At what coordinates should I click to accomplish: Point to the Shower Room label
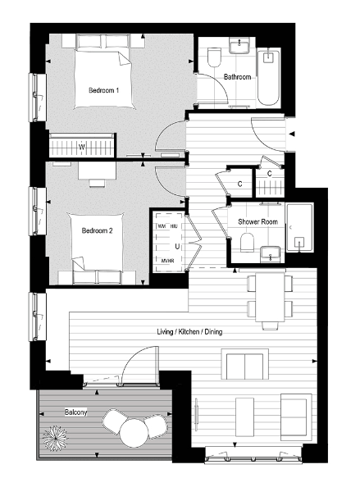pyautogui.click(x=257, y=222)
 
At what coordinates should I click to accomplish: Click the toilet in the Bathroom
pyautogui.click(x=215, y=57)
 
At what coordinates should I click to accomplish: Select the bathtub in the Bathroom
pyautogui.click(x=270, y=78)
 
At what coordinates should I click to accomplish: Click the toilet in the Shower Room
pyautogui.click(x=246, y=243)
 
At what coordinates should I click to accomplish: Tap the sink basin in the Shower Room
pyautogui.click(x=269, y=253)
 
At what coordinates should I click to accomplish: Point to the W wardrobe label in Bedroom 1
pyautogui.click(x=81, y=148)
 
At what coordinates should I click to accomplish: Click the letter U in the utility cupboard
pyautogui.click(x=175, y=244)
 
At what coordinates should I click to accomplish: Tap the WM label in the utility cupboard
pyautogui.click(x=162, y=225)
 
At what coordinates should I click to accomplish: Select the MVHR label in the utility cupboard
pyautogui.click(x=168, y=262)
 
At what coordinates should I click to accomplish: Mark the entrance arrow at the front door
pyautogui.click(x=294, y=133)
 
